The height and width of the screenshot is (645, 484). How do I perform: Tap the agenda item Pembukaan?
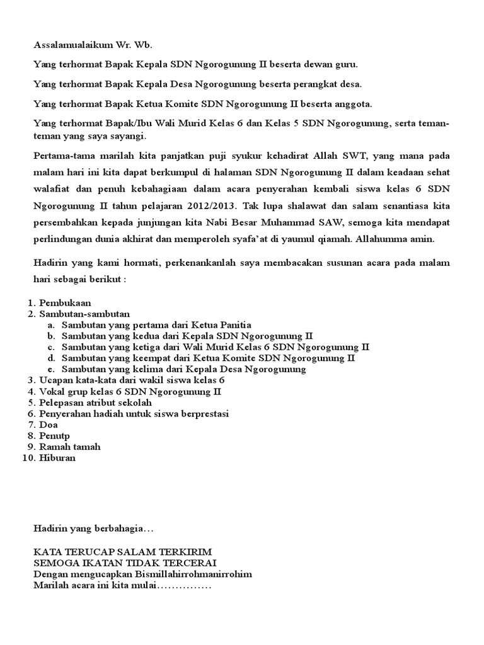click(x=65, y=302)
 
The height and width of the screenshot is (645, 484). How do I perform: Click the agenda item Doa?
click(x=49, y=425)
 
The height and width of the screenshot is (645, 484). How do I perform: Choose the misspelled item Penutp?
click(x=55, y=435)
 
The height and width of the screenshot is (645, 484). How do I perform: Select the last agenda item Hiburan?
click(x=57, y=458)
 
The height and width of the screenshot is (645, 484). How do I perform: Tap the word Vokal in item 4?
click(x=52, y=391)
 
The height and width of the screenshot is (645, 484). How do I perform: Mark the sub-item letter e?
click(x=50, y=369)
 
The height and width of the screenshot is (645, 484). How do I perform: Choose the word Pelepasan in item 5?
click(x=62, y=402)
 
